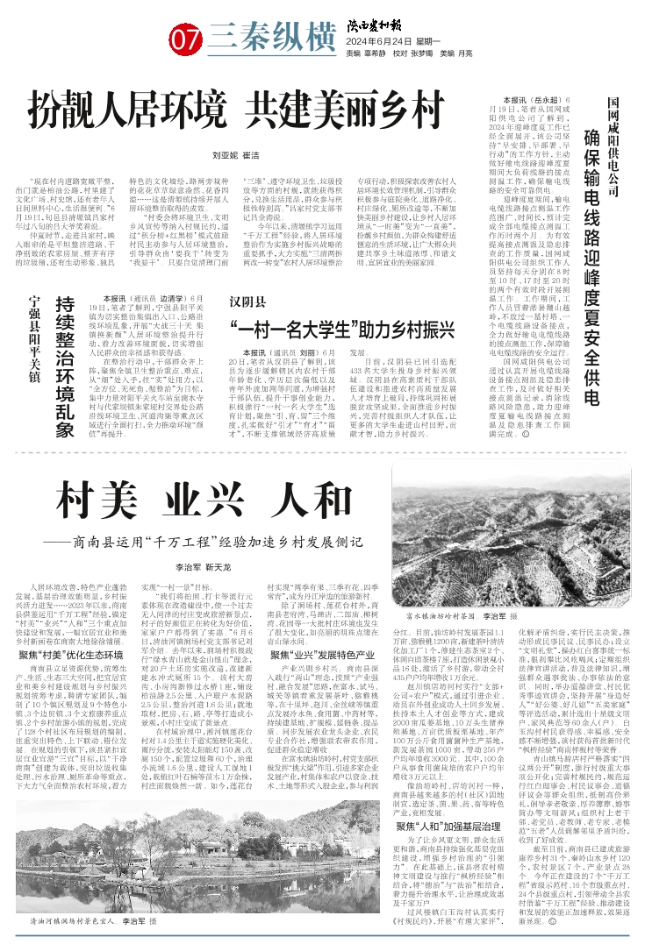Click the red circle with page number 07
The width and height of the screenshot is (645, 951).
(186, 39)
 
